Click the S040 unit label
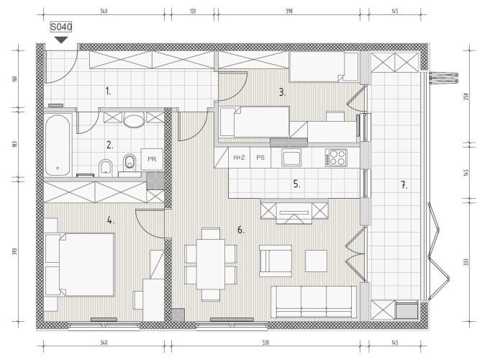click(x=61, y=27)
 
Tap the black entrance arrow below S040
click(x=61, y=40)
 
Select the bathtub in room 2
click(x=58, y=145)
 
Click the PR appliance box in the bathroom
click(x=152, y=159)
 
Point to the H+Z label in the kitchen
click(x=239, y=158)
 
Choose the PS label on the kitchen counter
click(x=260, y=158)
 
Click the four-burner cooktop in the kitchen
click(x=336, y=158)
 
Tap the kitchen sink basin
click(x=292, y=157)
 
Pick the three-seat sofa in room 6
click(x=314, y=302)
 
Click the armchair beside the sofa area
click(x=275, y=261)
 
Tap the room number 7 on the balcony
click(x=404, y=185)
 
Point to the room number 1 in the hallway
click(x=108, y=91)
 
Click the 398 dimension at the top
click(x=289, y=12)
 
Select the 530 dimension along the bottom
click(x=265, y=343)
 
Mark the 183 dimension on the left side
click(x=14, y=144)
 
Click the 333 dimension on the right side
click(x=466, y=262)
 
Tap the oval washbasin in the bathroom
click(x=134, y=121)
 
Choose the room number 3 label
click(x=282, y=92)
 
